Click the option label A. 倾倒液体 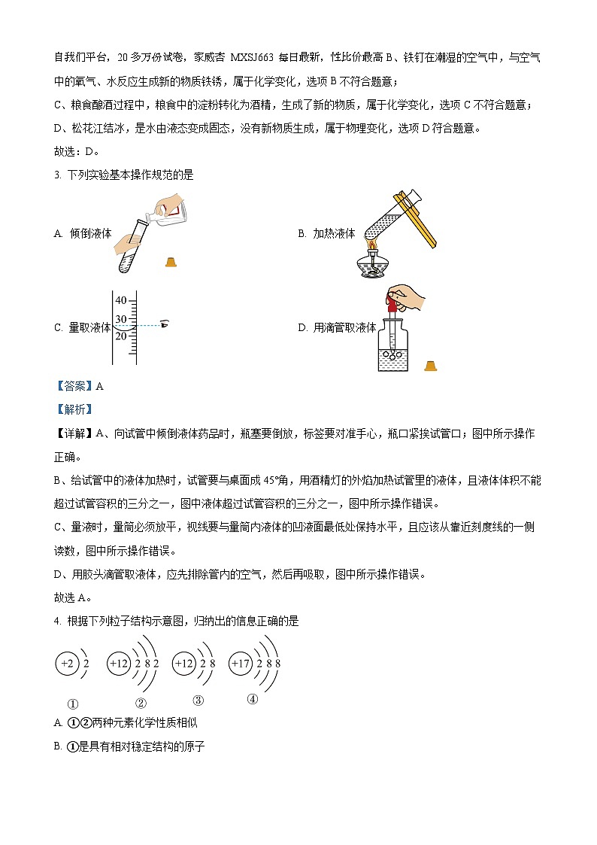pyautogui.click(x=83, y=234)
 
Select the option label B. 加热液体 pyautogui.click(x=326, y=234)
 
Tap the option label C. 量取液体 pyautogui.click(x=83, y=327)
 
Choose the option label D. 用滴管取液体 pyautogui.click(x=337, y=327)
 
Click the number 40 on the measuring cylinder pyautogui.click(x=120, y=301)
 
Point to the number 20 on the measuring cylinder pyautogui.click(x=120, y=336)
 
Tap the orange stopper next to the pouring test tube pyautogui.click(x=171, y=262)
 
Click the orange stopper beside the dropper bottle pyautogui.click(x=430, y=366)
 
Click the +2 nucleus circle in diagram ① pyautogui.click(x=67, y=664)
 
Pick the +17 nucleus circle pyautogui.click(x=241, y=664)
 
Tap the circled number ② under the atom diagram pyautogui.click(x=141, y=704)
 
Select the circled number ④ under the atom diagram pyautogui.click(x=252, y=698)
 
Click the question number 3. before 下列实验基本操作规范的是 pyautogui.click(x=57, y=175)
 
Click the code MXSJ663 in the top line pyautogui.click(x=253, y=57)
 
